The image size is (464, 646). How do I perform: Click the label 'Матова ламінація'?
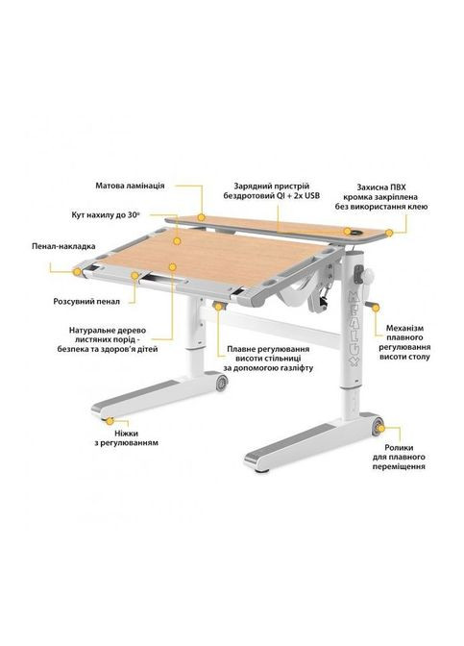130,186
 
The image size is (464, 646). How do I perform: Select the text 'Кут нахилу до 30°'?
106,215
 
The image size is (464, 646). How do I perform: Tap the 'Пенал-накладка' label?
63,246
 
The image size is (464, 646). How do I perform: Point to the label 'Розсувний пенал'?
86,302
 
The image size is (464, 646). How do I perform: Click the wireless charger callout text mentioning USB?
271,191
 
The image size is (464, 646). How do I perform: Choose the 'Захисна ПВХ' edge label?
380,196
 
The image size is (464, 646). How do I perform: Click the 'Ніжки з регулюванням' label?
126,438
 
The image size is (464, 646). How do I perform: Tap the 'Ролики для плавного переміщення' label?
399,457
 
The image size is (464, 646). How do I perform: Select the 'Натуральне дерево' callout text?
108,340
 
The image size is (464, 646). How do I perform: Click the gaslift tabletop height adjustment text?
268,358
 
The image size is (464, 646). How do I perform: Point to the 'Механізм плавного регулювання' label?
404,342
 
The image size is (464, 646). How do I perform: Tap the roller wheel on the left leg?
222,382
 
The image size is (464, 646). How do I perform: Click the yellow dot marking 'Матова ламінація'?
201,217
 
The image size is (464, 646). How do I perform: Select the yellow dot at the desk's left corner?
77,271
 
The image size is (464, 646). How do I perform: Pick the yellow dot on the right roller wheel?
380,429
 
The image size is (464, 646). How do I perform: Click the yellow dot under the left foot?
110,421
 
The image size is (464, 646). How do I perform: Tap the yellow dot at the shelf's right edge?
389,234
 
